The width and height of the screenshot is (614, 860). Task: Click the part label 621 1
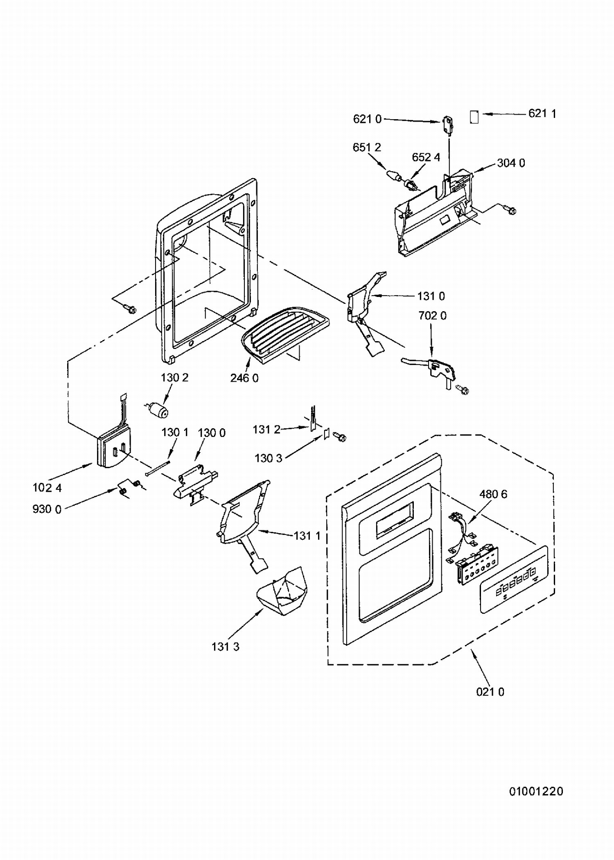[x=542, y=113]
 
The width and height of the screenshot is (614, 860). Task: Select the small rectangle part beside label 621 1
[x=474, y=117]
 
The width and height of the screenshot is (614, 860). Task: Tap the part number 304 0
[x=511, y=163]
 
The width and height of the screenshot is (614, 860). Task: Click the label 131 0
[x=431, y=296]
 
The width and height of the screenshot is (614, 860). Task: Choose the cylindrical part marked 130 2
[x=158, y=410]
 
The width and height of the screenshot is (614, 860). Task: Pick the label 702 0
[x=432, y=316]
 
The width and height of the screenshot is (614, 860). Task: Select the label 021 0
[x=490, y=692]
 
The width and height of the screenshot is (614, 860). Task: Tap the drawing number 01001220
[x=536, y=792]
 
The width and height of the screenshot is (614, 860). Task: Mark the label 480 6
[x=493, y=494]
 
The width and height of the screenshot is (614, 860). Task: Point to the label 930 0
[x=47, y=509]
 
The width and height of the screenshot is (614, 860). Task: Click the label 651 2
[x=367, y=147]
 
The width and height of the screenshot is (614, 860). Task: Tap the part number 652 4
[x=426, y=157]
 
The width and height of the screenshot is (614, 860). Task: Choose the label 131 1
[x=307, y=535]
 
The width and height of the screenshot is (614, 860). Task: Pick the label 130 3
[x=268, y=458]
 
